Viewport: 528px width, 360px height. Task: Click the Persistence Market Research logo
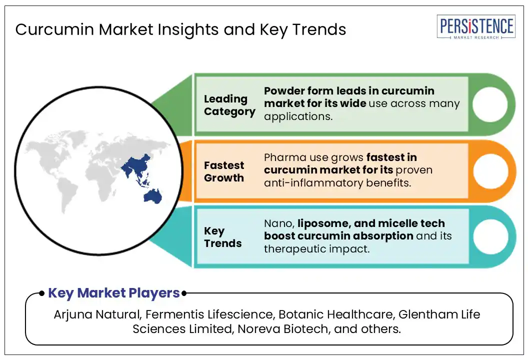point(476,27)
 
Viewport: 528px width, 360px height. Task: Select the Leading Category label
point(229,105)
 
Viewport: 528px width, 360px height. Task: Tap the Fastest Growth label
point(224,171)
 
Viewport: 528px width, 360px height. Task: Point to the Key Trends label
point(222,237)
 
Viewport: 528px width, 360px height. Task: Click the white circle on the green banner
point(489,104)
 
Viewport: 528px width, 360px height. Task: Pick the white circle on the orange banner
point(490,171)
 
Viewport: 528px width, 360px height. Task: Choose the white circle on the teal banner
point(490,236)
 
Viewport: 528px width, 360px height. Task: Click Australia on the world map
point(153,196)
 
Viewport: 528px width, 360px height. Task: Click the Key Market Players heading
point(114,293)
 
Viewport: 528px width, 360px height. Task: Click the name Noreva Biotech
point(283,328)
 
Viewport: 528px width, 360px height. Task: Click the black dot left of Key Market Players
point(41,293)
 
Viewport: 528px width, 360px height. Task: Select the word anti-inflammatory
point(314,183)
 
